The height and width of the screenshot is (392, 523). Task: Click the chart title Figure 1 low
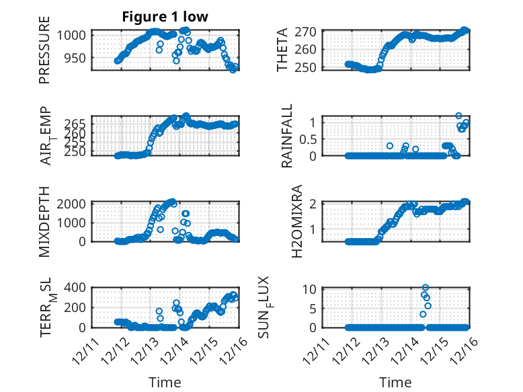[x=165, y=17]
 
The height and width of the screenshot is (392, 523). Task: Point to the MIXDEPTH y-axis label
[x=45, y=221]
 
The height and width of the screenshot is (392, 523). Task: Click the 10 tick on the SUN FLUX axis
[x=311, y=289]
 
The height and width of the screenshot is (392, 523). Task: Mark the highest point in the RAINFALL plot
[x=458, y=116]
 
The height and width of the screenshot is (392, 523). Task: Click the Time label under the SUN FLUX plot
[x=395, y=383]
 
